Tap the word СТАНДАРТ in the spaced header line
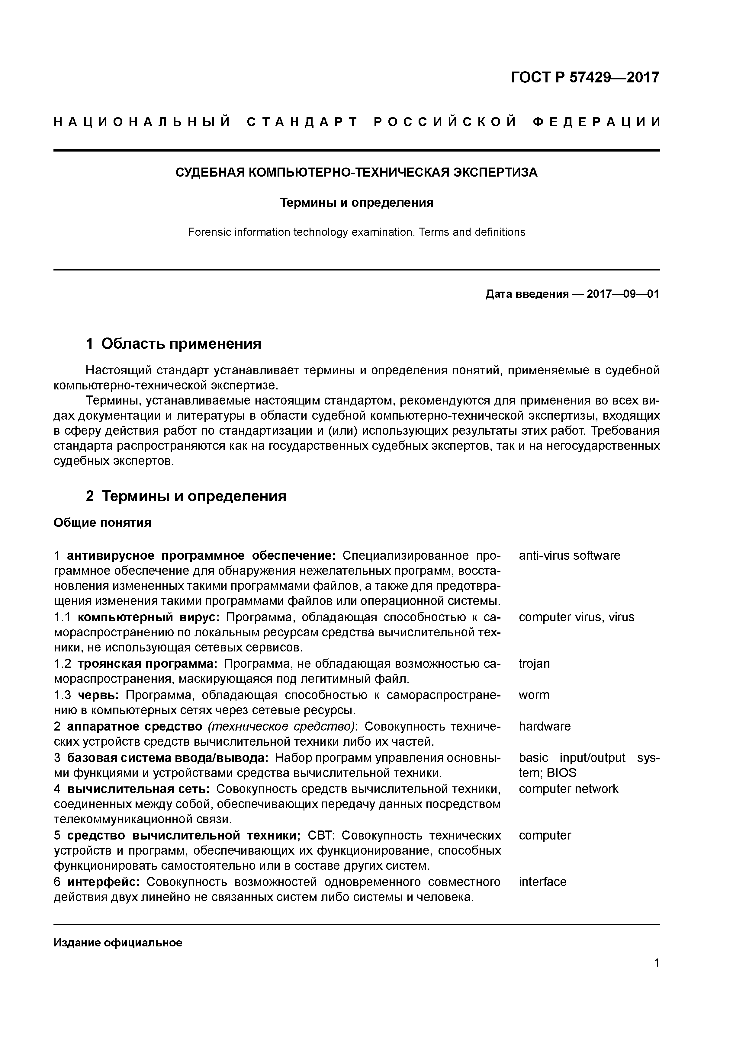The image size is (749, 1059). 303,122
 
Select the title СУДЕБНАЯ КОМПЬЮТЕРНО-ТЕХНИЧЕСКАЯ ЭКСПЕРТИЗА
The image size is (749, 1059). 356,172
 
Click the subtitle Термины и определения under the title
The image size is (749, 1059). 357,203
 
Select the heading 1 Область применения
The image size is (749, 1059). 174,344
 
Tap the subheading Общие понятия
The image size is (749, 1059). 102,523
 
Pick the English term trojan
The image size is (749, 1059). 534,664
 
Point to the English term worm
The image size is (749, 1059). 534,695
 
